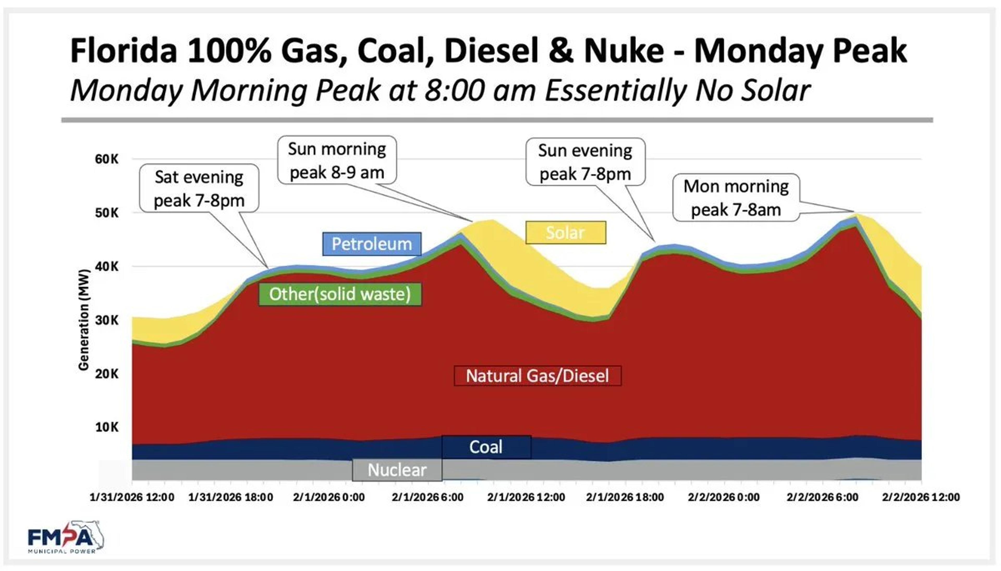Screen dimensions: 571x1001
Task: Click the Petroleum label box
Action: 372,244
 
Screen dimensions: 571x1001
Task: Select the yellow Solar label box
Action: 565,233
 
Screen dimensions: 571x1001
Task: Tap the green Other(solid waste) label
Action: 340,294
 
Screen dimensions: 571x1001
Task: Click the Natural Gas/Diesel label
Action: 537,376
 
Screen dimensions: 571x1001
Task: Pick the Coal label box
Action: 486,447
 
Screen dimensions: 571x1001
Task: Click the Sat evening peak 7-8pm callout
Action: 199,189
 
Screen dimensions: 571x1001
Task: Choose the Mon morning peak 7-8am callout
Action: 736,198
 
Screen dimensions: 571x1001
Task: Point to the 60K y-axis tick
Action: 106,159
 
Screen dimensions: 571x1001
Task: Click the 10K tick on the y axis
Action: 106,427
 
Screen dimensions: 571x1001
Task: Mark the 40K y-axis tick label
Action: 106,267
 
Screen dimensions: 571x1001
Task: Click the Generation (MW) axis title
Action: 84,320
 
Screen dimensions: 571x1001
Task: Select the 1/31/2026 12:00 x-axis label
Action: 132,497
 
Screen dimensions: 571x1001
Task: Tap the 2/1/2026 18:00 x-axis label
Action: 625,497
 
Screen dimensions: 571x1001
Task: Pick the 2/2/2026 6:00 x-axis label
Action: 822,497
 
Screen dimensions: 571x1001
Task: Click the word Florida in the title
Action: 124,51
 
